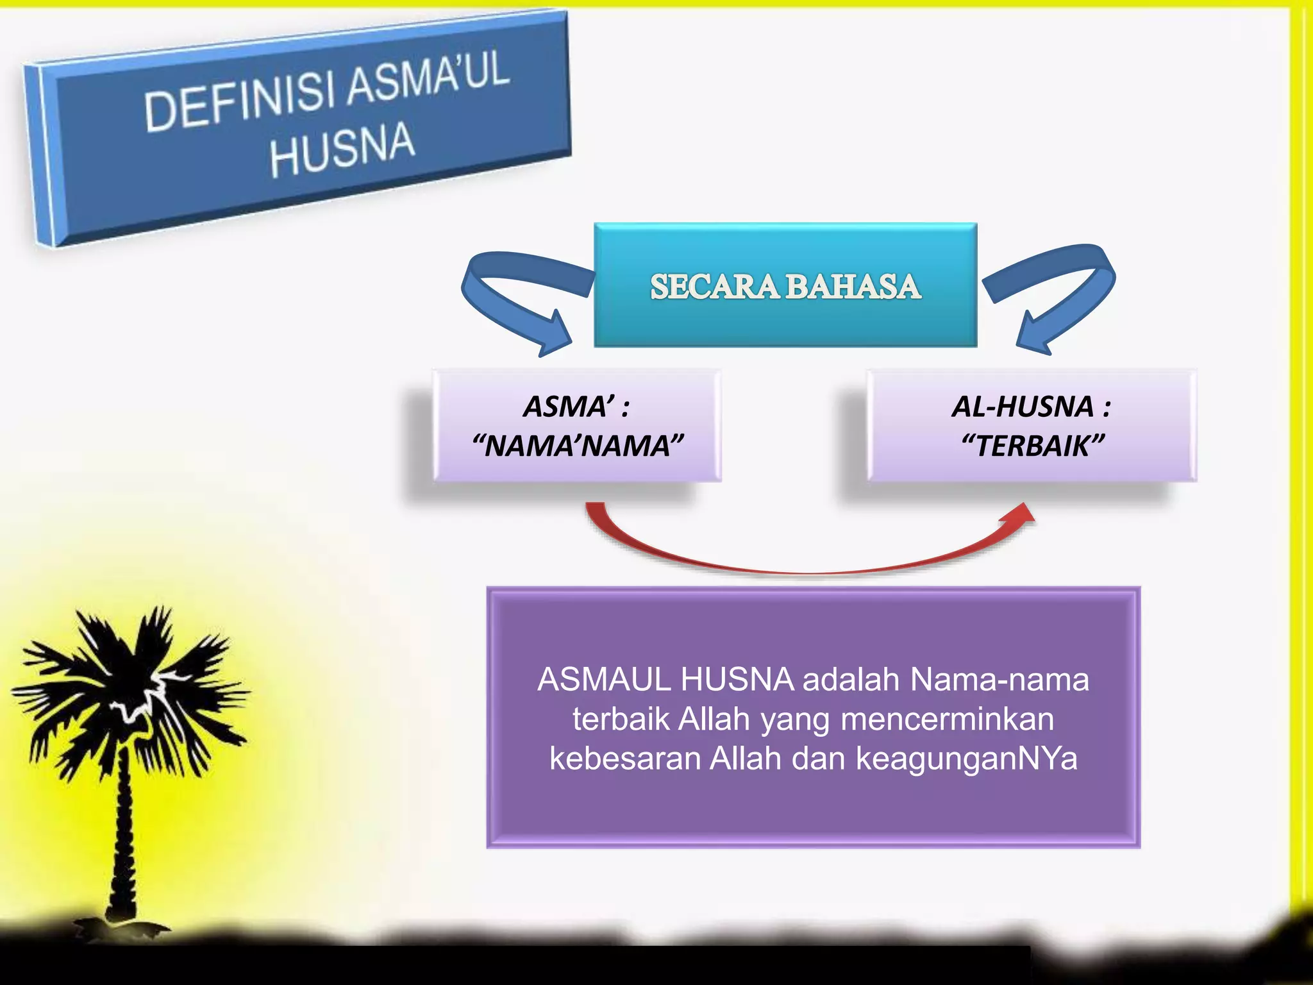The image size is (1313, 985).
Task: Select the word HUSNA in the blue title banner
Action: coord(342,149)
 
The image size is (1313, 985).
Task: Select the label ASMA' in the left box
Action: coord(568,407)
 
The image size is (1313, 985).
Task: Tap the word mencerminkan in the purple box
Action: coord(947,719)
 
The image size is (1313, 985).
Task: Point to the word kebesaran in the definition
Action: coord(624,759)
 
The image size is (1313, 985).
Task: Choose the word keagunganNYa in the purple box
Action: coord(967,759)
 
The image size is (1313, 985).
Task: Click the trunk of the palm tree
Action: coord(122,834)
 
